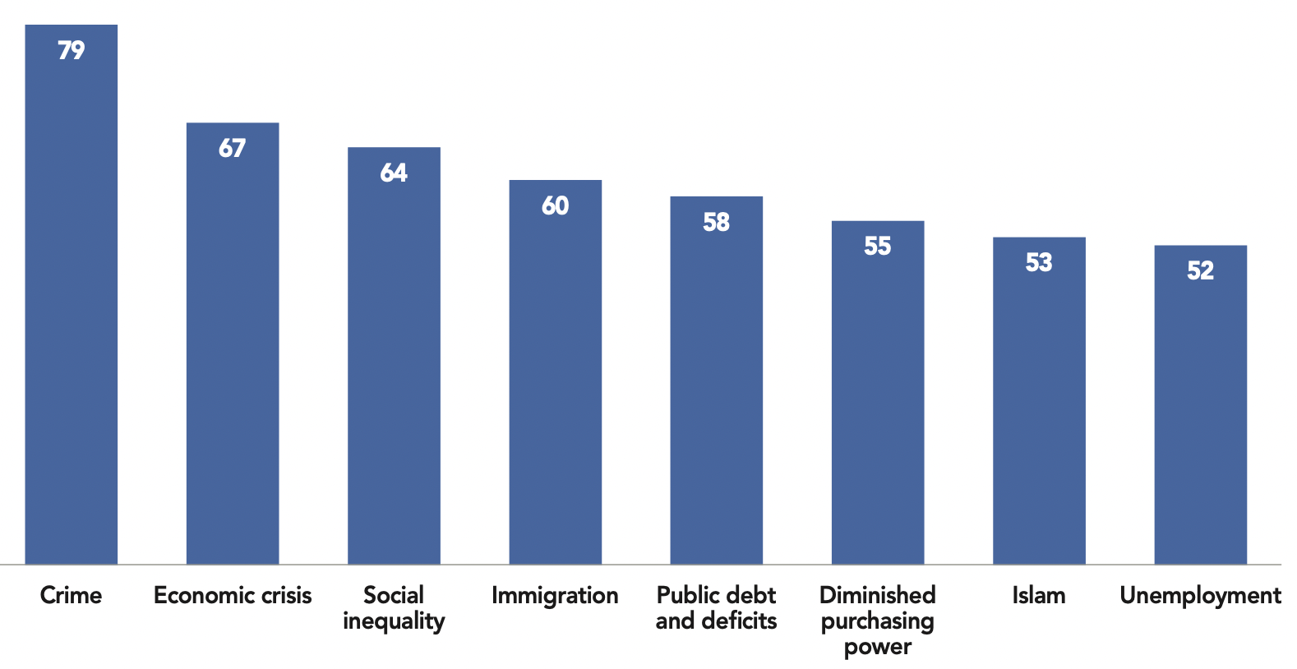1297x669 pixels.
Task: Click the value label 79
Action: point(72,50)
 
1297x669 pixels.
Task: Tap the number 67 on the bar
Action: point(233,148)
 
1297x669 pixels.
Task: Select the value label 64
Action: point(394,173)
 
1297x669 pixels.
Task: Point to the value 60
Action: point(555,205)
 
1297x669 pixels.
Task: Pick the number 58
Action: point(716,222)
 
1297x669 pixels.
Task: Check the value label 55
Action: point(878,246)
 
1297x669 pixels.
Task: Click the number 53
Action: point(1039,262)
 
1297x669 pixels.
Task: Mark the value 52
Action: point(1200,270)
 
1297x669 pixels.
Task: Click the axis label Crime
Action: point(72,595)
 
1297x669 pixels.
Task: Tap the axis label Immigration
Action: point(555,595)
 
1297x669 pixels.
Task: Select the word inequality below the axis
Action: point(394,621)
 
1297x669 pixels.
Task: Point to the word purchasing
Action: point(878,621)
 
